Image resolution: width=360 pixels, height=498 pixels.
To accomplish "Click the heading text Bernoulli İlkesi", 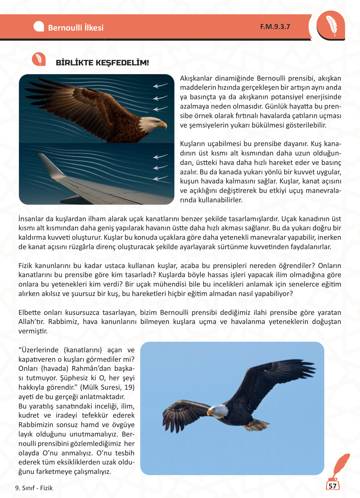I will pyautogui.click(x=76, y=28).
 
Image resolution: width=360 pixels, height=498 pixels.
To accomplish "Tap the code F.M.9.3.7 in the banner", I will pyautogui.click(x=275, y=27).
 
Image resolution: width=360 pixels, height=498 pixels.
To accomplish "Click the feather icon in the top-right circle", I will pyautogui.click(x=331, y=25).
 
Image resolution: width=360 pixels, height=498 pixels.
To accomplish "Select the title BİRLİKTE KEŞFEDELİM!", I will pyautogui.click(x=102, y=63).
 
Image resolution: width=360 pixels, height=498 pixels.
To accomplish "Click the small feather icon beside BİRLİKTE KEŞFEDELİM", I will pyautogui.click(x=39, y=59).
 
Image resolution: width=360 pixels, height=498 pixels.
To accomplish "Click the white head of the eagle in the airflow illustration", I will pyautogui.click(x=150, y=123).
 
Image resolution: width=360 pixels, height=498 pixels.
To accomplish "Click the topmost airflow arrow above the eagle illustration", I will pyautogui.click(x=160, y=86).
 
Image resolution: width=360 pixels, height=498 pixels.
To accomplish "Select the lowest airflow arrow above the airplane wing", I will pyautogui.click(x=160, y=179).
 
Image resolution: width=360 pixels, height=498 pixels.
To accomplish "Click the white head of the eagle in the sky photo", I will pyautogui.click(x=219, y=411).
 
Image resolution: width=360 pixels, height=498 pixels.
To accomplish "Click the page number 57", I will pyautogui.click(x=332, y=486).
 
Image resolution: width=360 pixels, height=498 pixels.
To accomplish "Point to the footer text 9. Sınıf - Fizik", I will pyautogui.click(x=34, y=488).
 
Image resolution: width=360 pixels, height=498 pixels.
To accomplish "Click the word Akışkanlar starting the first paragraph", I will pyautogui.click(x=196, y=78).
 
